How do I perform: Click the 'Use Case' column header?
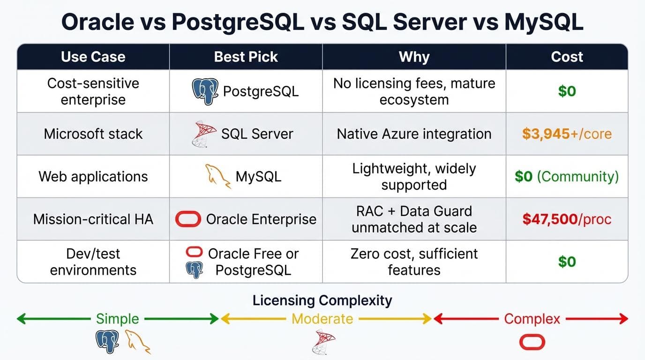(93, 57)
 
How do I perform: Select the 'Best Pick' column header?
(246, 57)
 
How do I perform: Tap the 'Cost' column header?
(567, 57)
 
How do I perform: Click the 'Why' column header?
(414, 57)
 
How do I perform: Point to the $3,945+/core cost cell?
(567, 134)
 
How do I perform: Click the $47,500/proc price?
(567, 219)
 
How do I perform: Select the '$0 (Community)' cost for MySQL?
(567, 176)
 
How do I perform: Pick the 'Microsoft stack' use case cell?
(93, 134)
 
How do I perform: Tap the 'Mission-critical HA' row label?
(93, 219)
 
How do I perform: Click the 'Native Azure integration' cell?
(414, 134)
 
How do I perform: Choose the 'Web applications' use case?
(93, 176)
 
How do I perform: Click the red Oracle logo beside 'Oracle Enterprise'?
(188, 219)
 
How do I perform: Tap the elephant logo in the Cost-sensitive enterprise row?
(205, 91)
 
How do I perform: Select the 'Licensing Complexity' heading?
(322, 300)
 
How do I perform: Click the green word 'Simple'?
(117, 319)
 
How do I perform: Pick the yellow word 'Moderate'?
(322, 319)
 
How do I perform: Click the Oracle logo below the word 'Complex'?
(532, 342)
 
